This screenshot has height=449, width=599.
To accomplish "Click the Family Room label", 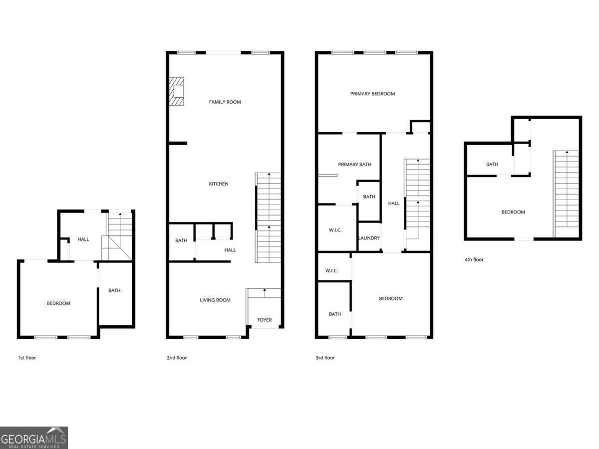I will coord(225,102).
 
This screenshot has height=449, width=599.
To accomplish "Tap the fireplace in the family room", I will coord(177,91).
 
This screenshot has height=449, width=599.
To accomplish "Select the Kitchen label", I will coord(219,184).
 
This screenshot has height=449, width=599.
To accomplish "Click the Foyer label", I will coord(265,320).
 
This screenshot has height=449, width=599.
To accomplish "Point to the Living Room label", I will coord(215,300).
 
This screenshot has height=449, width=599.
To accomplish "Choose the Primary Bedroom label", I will coord(372,94).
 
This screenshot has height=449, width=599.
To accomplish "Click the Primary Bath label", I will coord(354,165).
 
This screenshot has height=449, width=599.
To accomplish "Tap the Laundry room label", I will coord(369,238).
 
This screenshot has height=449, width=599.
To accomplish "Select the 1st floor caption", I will coord(27,358).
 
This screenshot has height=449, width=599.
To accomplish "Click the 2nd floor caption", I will coord(177,358).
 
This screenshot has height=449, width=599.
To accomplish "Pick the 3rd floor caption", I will coord(325,358).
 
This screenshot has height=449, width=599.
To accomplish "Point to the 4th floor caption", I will coord(474,259).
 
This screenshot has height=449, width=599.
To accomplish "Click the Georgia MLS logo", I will coord(33,438).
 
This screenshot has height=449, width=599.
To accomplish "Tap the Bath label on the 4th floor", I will coord(492,165).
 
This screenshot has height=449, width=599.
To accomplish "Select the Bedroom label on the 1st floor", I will coord(58,303).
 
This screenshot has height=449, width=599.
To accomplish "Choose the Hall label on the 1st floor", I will coord(83,239).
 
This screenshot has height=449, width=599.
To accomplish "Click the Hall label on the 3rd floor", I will coord(394,204).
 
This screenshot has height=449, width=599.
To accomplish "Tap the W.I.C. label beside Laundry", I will coord(334,230).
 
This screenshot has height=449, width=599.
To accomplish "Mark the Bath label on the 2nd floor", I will coord(181,241).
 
